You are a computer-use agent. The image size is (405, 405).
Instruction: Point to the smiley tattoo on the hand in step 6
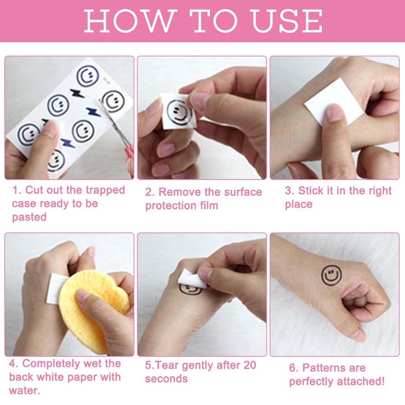(332, 275)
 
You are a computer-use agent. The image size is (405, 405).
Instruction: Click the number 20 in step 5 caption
(248, 365)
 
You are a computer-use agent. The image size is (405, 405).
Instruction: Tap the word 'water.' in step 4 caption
(24, 390)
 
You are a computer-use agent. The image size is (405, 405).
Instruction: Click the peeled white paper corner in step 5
(193, 279)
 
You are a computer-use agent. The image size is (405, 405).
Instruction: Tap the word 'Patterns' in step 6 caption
(334, 368)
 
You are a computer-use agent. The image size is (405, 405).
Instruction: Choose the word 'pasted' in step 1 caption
(29, 217)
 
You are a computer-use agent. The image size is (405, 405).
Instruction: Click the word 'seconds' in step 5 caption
(167, 379)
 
